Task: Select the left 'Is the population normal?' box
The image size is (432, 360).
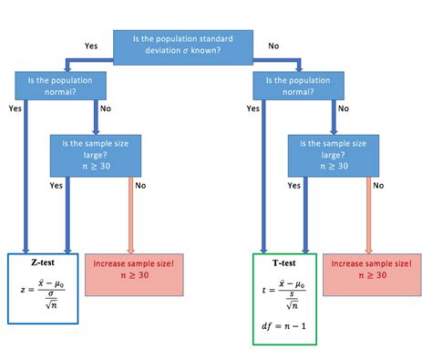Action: pyautogui.click(x=60, y=86)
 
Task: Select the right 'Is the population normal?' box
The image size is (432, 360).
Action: pyautogui.click(x=297, y=86)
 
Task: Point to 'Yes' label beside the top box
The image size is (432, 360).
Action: pyautogui.click(x=91, y=45)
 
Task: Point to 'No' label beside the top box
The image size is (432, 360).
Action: pyautogui.click(x=273, y=45)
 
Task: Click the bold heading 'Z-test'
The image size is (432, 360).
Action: pyautogui.click(x=40, y=262)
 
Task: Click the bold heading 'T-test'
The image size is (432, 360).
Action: pyautogui.click(x=283, y=262)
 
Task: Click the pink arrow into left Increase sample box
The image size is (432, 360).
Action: pyautogui.click(x=131, y=214)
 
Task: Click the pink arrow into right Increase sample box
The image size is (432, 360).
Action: pyautogui.click(x=368, y=214)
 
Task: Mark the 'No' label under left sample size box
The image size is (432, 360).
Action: pyautogui.click(x=140, y=185)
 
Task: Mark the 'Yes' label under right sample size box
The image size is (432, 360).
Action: pyautogui.click(x=293, y=185)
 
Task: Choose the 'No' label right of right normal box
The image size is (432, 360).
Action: pyautogui.click(x=344, y=108)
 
